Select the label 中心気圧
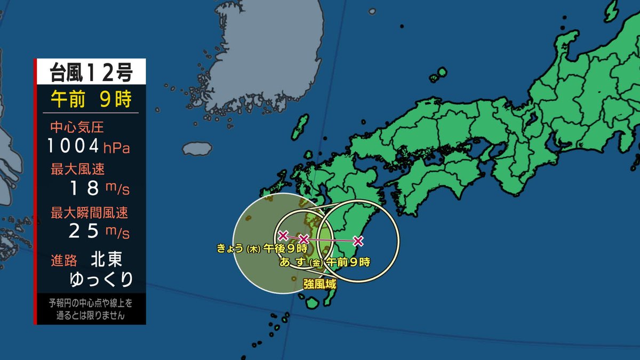pos(77,127)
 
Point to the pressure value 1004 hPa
pos(88,146)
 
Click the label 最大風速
pos(77,170)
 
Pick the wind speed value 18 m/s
pos(99,188)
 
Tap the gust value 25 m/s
pos(99,231)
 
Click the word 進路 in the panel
pos(64,260)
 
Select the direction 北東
pos(107,260)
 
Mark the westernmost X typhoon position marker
pos(283,235)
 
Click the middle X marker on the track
pos(303,239)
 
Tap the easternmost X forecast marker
pos(358,241)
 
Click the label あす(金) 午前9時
pos(325,262)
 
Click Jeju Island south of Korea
pos(197,148)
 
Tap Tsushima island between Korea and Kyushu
pos(301,126)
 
